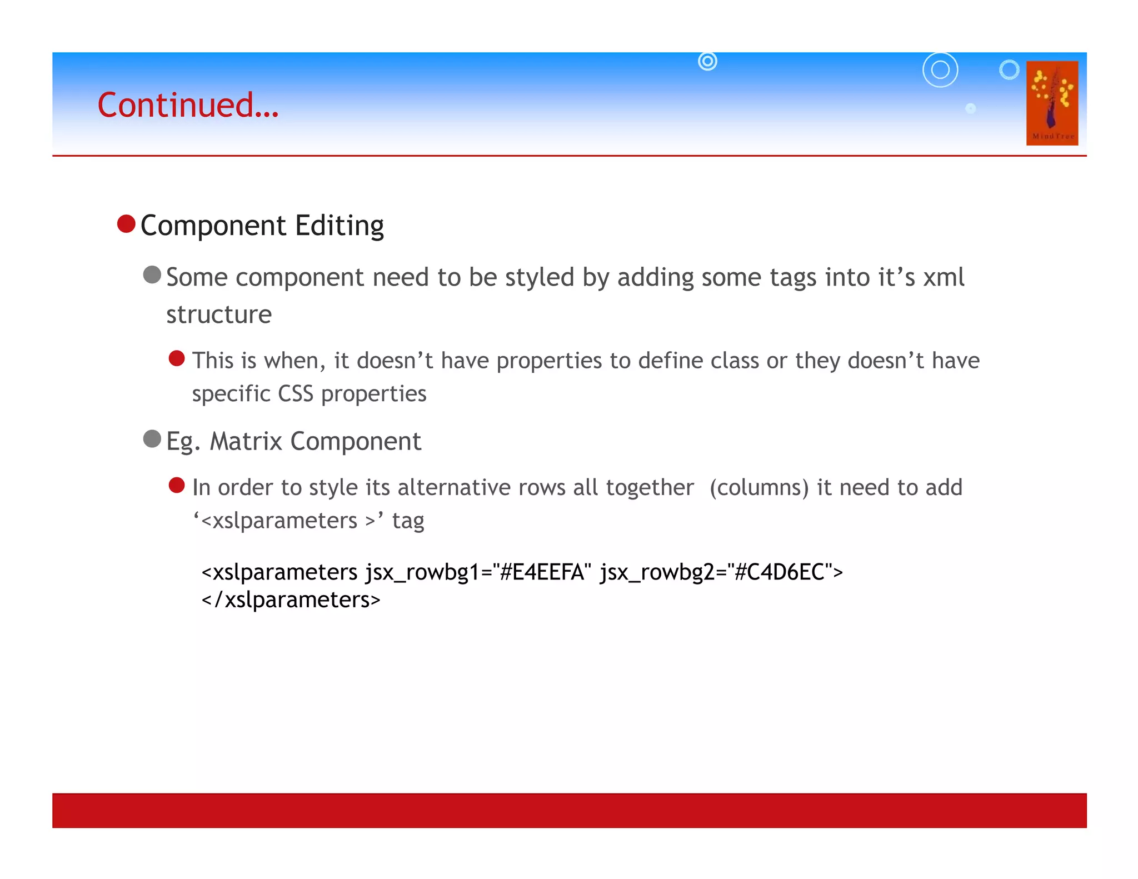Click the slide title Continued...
[188, 105]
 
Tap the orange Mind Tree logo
[1051, 103]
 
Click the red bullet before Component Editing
[127, 224]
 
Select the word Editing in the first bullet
[340, 226]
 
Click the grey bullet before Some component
[152, 274]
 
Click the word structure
[219, 314]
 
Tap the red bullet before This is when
[177, 358]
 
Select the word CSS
[296, 393]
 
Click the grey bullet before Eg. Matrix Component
[152, 439]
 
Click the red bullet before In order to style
[177, 485]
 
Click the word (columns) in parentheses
[759, 487]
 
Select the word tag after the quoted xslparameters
[408, 521]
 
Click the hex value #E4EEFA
[542, 572]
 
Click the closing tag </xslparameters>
[291, 600]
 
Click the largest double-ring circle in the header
[940, 70]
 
